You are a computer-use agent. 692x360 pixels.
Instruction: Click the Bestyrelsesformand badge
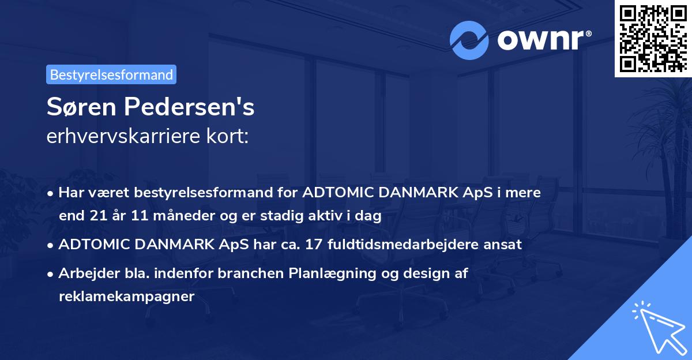pos(111,74)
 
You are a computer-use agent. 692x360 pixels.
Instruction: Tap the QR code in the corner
pos(653,38)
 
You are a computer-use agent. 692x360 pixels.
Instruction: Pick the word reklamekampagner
pos(126,297)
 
